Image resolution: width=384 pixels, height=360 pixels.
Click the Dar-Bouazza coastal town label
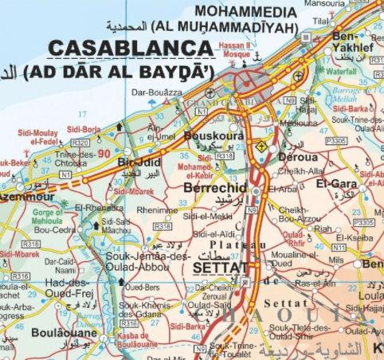click(155, 92)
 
